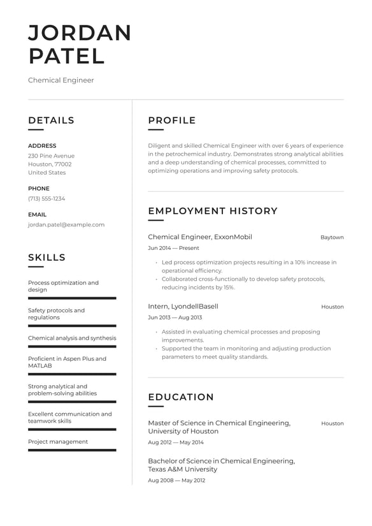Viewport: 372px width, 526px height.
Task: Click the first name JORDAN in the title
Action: click(80, 33)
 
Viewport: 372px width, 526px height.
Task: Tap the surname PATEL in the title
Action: click(66, 56)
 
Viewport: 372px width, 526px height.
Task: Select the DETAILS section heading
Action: click(51, 121)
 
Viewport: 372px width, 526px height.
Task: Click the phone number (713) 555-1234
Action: click(46, 198)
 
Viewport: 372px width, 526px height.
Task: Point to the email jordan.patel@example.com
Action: click(66, 224)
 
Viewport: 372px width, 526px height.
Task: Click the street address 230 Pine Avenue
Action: click(51, 156)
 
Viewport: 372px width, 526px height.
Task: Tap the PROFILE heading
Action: click(172, 121)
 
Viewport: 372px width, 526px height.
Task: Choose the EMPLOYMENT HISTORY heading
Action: click(213, 211)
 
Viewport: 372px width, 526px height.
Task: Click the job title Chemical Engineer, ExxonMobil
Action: click(200, 237)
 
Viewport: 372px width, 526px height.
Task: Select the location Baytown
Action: click(332, 237)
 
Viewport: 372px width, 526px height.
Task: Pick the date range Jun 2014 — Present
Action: click(173, 248)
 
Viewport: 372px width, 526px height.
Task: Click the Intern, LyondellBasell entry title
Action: click(183, 307)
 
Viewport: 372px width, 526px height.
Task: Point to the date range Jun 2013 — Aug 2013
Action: click(175, 318)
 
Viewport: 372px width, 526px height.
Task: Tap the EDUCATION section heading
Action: click(181, 397)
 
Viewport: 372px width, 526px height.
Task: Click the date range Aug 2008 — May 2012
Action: click(176, 480)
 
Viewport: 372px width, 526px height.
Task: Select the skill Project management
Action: click(58, 442)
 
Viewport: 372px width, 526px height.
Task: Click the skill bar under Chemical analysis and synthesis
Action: click(72, 346)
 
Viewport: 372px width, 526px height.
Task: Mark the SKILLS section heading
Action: click(46, 258)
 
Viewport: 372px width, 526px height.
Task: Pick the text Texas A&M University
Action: click(182, 469)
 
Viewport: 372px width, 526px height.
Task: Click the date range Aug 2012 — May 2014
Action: click(176, 442)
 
